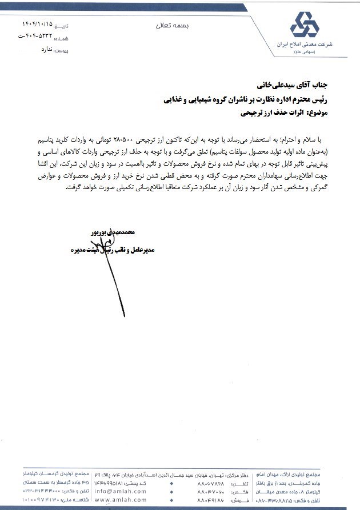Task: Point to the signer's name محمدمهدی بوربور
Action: pyautogui.click(x=113, y=233)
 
